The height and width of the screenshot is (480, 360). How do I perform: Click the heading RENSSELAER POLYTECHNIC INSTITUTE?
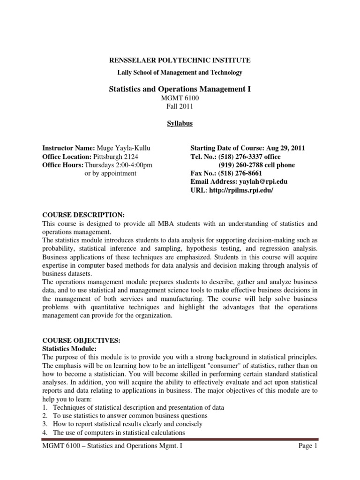point(180,60)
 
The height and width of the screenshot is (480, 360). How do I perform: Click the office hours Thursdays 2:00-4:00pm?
point(118,165)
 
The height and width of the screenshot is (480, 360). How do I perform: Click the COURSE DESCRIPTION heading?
point(83,215)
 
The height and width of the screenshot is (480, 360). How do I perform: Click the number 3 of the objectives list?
point(45,424)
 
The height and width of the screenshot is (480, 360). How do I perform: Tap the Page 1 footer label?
point(308,447)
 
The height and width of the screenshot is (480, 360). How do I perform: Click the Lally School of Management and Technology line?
point(180,72)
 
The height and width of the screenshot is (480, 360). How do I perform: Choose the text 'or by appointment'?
point(110,173)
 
